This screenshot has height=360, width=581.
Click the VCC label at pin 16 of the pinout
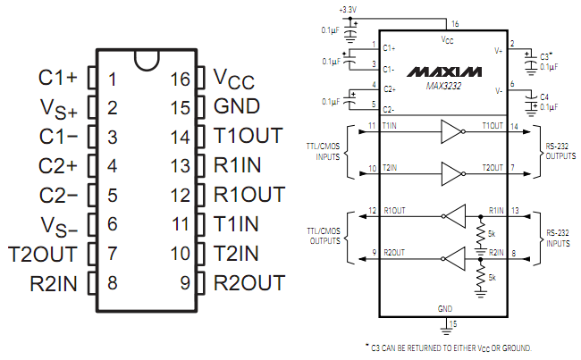point(233,79)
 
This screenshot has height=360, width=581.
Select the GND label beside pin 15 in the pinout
point(236,107)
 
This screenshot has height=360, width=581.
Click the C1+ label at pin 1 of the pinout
point(58,78)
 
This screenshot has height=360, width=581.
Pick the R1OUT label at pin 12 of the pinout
point(249,195)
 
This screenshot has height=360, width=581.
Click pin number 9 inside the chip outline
point(184,283)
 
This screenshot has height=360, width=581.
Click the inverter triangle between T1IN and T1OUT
point(450,133)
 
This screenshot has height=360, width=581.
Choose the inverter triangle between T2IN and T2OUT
point(450,172)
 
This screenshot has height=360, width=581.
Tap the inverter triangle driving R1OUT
point(455,214)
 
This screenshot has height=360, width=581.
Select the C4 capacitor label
point(546,96)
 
